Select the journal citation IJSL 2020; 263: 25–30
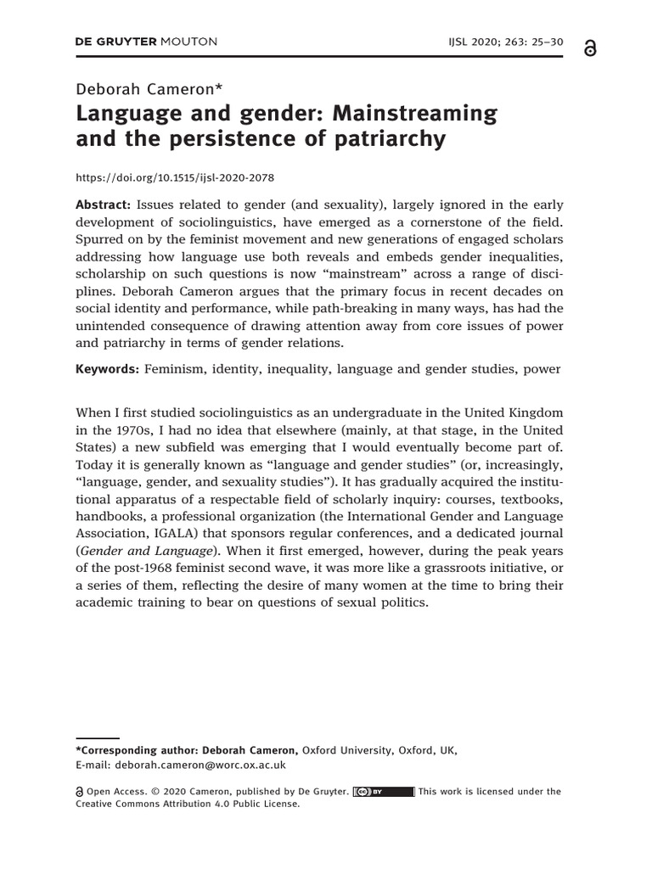[x=503, y=42]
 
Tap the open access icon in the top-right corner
[x=590, y=49]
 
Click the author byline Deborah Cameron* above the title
[x=149, y=90]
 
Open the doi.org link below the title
[x=175, y=178]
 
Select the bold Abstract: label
[x=103, y=205]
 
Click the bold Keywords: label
[x=107, y=369]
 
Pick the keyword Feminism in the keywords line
[x=177, y=369]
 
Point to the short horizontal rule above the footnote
[x=98, y=737]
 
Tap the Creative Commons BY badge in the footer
[x=383, y=791]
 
